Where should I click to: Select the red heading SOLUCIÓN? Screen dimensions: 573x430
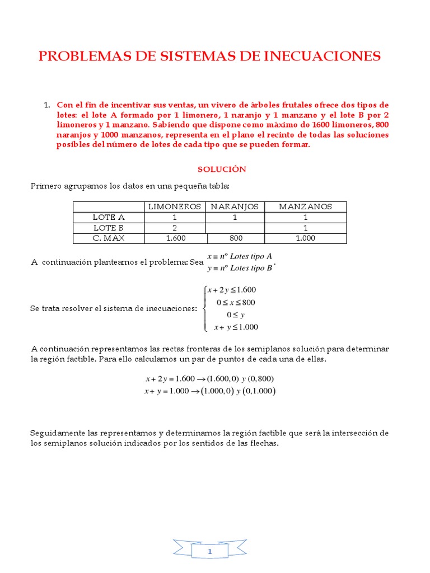[222, 169]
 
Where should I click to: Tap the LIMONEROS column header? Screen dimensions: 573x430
[174, 206]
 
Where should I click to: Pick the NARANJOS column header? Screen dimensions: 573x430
[235, 206]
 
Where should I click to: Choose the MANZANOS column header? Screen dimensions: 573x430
[305, 206]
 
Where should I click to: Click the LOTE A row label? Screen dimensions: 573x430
[109, 217]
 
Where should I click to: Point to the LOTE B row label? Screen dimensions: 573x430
[109, 228]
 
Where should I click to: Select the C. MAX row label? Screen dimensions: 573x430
[109, 238]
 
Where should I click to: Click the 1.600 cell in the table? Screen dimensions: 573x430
[175, 238]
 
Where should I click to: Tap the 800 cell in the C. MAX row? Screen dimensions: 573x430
[235, 238]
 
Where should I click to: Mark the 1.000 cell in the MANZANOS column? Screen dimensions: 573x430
[305, 238]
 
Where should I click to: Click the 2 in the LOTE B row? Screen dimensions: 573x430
[175, 228]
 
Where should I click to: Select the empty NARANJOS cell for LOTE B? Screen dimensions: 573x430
[235, 228]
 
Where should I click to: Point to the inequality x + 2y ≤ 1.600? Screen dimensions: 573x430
[231, 290]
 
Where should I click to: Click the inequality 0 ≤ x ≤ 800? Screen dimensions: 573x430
[236, 303]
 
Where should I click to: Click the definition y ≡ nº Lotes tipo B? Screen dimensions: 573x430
[240, 268]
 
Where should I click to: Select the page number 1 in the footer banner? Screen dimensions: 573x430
[210, 537]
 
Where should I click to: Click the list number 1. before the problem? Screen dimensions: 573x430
[47, 105]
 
